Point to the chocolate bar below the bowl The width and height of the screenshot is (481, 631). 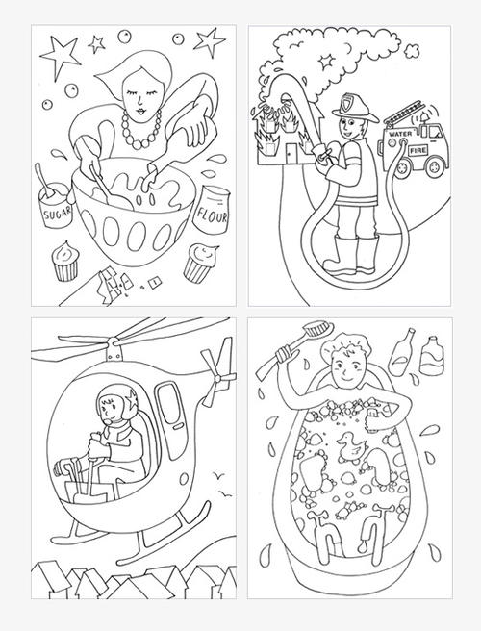click(x=116, y=280)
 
